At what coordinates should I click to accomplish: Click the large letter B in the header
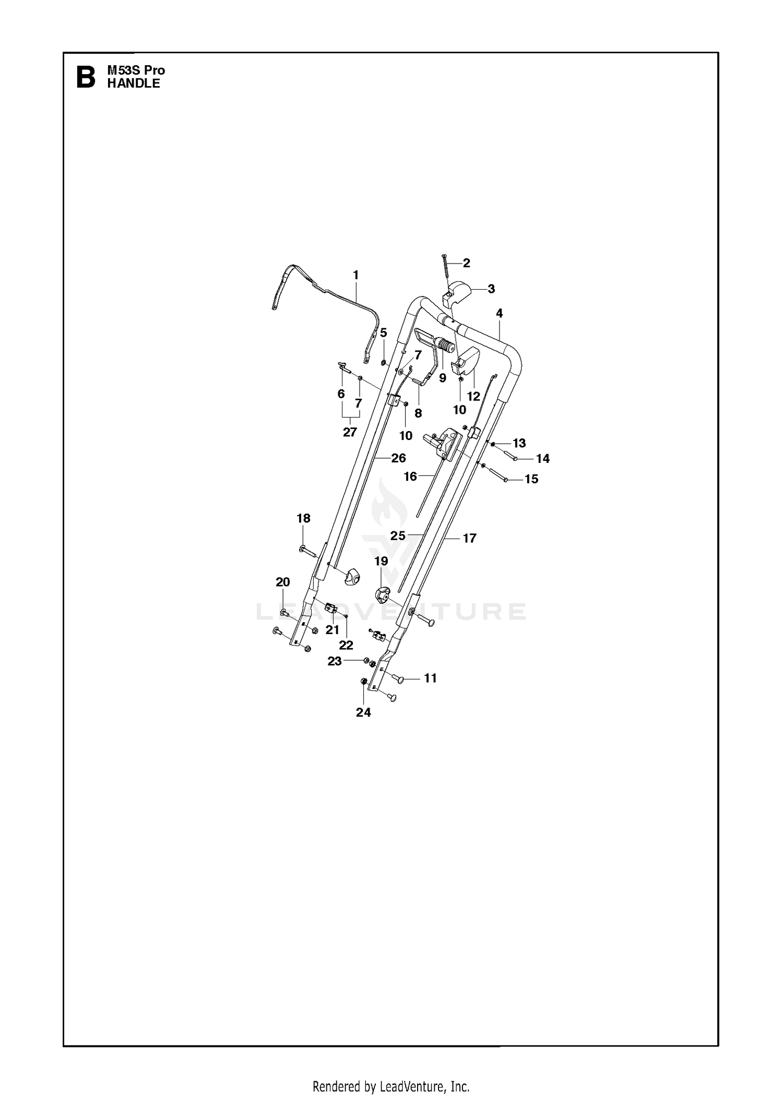tap(86, 77)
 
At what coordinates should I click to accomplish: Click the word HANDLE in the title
tap(134, 84)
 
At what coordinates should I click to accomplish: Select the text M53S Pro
tap(136, 70)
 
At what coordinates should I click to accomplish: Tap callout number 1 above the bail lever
tap(356, 275)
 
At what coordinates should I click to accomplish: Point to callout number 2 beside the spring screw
tap(466, 263)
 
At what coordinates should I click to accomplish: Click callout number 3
tap(491, 289)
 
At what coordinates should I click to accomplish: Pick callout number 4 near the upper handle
tap(500, 313)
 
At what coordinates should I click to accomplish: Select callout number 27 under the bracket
tap(350, 432)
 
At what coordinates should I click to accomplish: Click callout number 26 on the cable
tap(398, 458)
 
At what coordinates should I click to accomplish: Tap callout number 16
tap(411, 476)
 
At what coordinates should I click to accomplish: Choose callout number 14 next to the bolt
tap(543, 458)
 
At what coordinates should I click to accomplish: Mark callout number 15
tap(531, 479)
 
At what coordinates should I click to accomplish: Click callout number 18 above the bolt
tap(303, 518)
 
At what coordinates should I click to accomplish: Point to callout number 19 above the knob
tap(381, 561)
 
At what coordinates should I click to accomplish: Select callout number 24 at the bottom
tap(363, 712)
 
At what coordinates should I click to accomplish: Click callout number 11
tap(430, 678)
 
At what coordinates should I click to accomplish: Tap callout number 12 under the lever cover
tap(473, 396)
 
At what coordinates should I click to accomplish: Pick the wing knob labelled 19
tap(383, 594)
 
